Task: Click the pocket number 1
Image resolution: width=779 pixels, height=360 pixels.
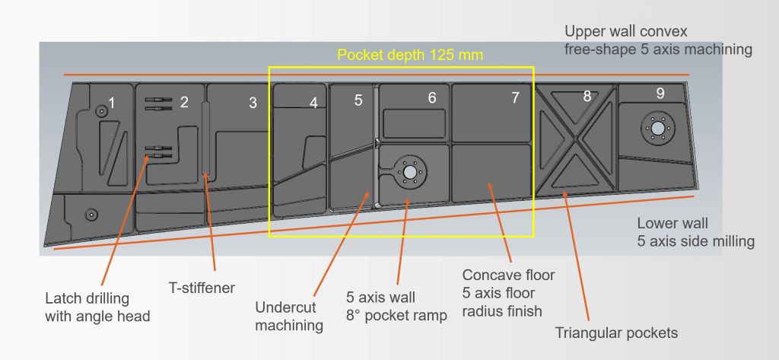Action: [111, 104]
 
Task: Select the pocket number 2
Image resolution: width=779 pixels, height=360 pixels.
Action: [184, 103]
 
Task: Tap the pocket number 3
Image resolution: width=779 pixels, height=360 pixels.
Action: [253, 103]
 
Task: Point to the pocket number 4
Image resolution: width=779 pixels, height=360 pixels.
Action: [313, 103]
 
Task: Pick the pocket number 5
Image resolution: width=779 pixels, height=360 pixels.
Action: [358, 100]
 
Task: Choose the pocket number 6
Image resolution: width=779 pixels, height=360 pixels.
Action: [432, 98]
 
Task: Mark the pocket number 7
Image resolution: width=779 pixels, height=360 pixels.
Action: [515, 98]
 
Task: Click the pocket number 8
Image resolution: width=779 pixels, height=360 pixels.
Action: [587, 97]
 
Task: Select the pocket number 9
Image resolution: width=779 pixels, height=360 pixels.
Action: [660, 94]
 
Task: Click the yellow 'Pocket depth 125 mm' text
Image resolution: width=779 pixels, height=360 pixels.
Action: [410, 55]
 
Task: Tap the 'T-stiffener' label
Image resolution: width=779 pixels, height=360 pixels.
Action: [202, 288]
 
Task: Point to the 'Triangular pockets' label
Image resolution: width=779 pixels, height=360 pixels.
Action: [616, 333]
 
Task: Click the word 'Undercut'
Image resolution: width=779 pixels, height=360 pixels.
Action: [286, 307]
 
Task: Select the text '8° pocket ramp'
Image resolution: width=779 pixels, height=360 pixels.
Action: [396, 315]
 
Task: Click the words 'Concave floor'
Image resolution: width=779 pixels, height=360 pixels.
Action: [508, 275]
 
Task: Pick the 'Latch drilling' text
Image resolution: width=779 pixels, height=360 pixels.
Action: [87, 298]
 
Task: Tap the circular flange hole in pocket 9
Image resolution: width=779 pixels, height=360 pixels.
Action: [658, 128]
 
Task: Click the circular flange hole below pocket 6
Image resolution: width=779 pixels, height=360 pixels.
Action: [410, 172]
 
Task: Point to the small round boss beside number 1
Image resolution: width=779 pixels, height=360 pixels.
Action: [102, 111]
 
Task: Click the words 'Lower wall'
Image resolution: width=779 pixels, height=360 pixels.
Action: [672, 223]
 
